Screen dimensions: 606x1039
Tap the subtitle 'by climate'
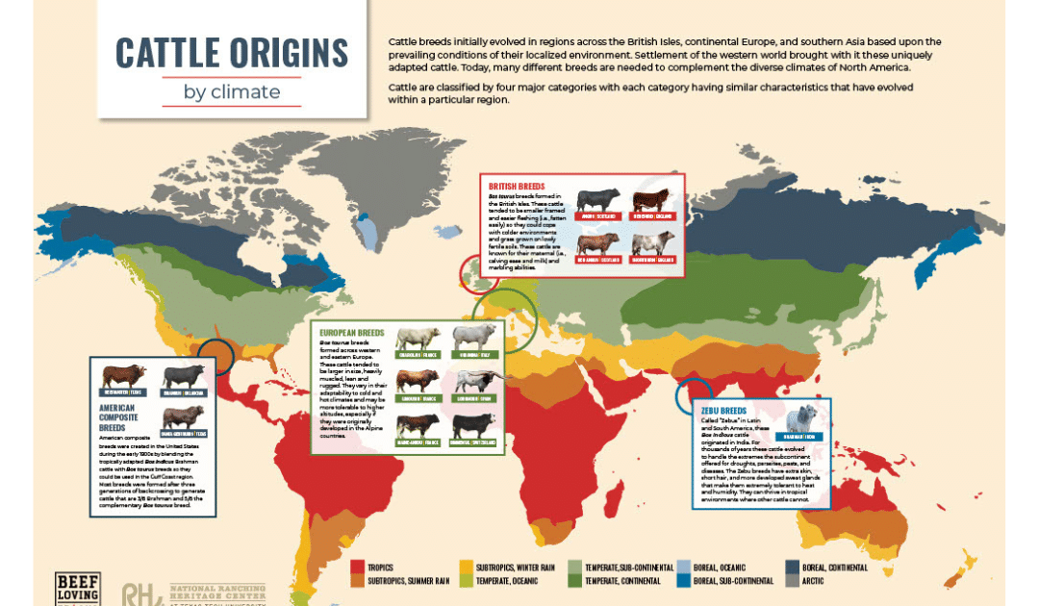[x=232, y=92]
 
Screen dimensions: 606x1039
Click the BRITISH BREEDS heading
[x=518, y=187]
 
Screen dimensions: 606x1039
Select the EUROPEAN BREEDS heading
[x=351, y=333]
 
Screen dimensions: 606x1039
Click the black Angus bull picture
[x=598, y=201]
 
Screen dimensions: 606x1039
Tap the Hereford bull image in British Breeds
[x=650, y=201]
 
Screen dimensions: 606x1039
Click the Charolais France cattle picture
[x=418, y=340]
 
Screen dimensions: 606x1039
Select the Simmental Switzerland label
[x=474, y=442]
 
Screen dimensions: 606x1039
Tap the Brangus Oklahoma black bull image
[x=184, y=376]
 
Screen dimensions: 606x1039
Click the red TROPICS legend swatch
[x=358, y=568]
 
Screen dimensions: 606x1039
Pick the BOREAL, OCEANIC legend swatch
[x=682, y=568]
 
